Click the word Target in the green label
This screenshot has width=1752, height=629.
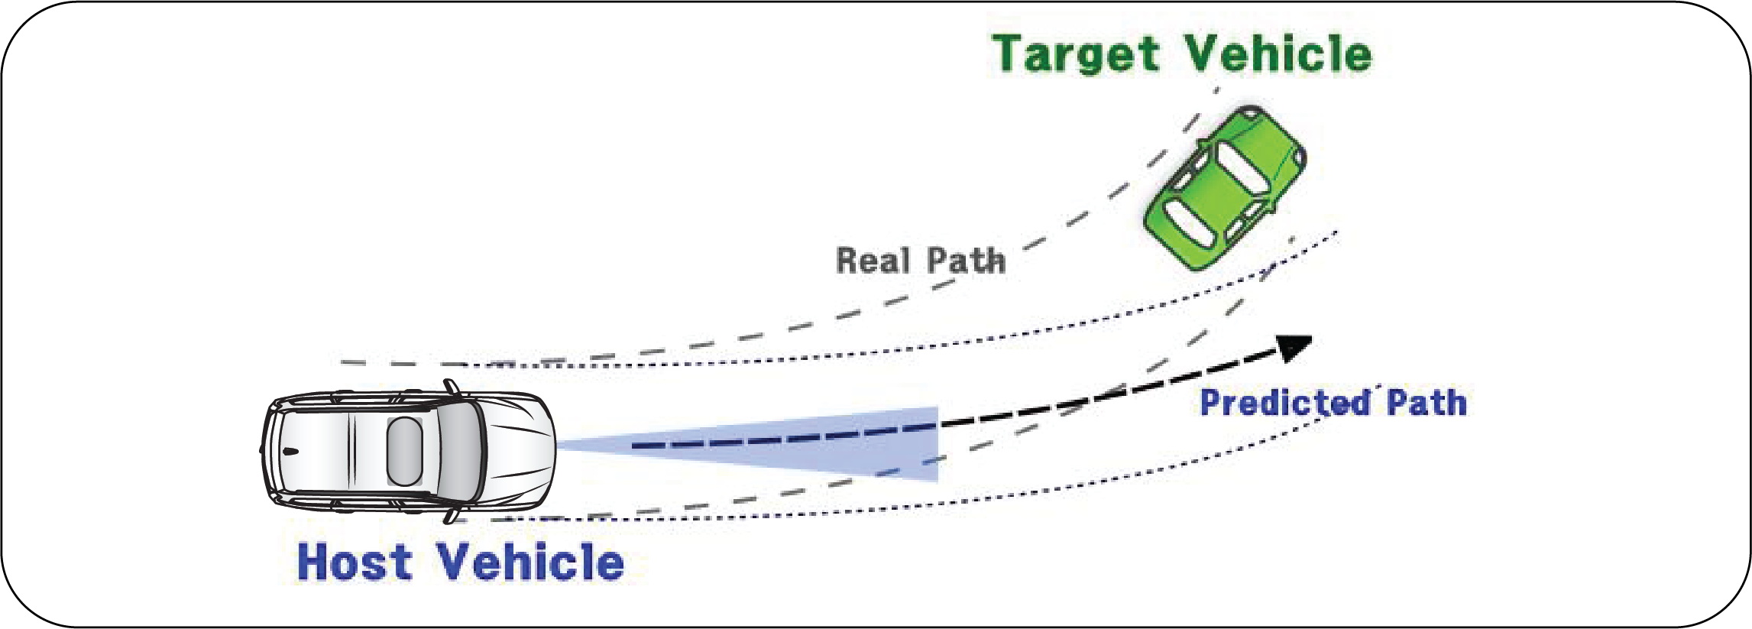(1077, 55)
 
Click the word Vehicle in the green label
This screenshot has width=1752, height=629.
(1279, 55)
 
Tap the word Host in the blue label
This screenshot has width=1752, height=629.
(355, 563)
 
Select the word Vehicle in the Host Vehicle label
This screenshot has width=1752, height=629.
(531, 563)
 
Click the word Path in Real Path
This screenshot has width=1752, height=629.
(966, 261)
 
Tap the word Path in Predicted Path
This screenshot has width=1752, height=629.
(1427, 403)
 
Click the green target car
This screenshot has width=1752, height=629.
(1225, 188)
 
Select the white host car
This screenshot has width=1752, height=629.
(409, 452)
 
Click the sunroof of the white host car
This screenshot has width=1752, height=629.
(404, 452)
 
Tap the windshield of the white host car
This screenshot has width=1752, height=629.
(461, 452)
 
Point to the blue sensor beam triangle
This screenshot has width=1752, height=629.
(840, 447)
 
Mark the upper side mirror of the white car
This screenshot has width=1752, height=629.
(452, 387)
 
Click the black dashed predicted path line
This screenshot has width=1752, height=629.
(1108, 396)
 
